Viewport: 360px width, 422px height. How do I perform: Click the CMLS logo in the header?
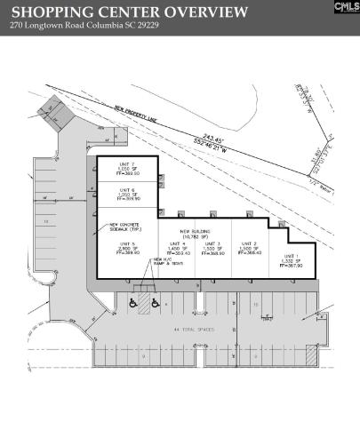(x=346, y=7)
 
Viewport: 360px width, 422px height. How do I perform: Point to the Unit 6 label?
(x=126, y=195)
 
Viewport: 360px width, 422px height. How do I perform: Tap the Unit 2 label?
(x=250, y=248)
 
